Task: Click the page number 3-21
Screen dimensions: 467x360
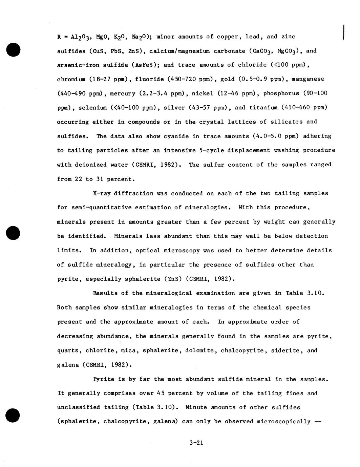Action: coord(197,443)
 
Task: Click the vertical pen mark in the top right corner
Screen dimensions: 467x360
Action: coord(344,32)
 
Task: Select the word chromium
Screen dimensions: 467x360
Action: coord(71,79)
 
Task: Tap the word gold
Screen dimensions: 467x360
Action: coord(227,79)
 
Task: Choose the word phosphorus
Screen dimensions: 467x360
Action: coord(281,93)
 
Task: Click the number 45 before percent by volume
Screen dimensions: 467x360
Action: coord(161,394)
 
